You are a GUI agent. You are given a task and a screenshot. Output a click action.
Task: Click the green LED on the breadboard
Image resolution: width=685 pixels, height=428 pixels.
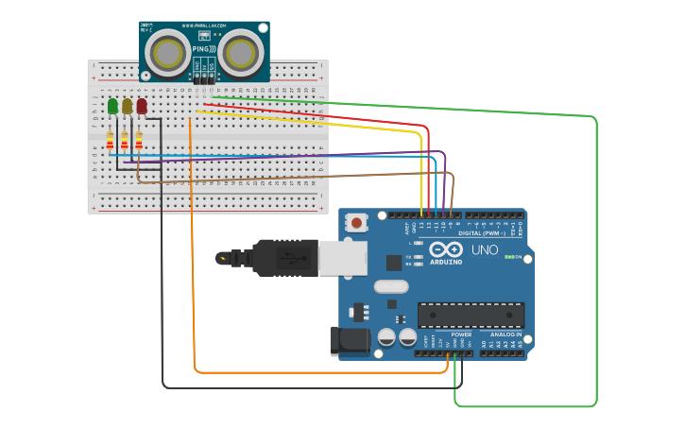click(x=113, y=106)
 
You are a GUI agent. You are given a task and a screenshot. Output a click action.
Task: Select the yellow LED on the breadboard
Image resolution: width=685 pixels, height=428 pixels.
click(x=128, y=106)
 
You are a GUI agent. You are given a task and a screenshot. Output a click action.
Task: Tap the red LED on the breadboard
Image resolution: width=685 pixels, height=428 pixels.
click(x=142, y=106)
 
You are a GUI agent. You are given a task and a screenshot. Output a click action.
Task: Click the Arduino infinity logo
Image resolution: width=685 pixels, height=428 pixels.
click(x=444, y=250)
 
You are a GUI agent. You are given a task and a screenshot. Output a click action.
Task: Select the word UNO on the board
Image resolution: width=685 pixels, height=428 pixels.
click(x=485, y=250)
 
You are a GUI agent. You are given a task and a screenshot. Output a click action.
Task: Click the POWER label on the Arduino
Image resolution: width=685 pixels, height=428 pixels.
click(x=461, y=334)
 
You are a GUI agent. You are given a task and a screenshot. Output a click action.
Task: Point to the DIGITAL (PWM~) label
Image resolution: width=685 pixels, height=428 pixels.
click(x=482, y=232)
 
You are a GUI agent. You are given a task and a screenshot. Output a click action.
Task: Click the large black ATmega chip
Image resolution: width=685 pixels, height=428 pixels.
click(x=471, y=315)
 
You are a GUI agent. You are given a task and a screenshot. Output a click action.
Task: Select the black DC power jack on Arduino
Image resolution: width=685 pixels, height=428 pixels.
click(x=347, y=341)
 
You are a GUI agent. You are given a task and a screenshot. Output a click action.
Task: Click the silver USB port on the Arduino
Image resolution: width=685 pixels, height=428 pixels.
click(x=342, y=257)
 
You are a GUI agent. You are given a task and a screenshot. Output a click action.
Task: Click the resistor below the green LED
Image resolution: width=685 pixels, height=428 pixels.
click(x=110, y=141)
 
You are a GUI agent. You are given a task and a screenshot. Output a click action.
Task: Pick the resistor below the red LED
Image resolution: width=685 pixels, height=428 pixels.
click(x=139, y=141)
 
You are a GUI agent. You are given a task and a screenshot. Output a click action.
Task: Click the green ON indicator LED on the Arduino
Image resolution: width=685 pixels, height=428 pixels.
click(x=511, y=257)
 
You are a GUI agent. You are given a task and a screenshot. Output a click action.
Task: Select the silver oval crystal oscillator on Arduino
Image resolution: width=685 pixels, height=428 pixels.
click(x=390, y=286)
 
